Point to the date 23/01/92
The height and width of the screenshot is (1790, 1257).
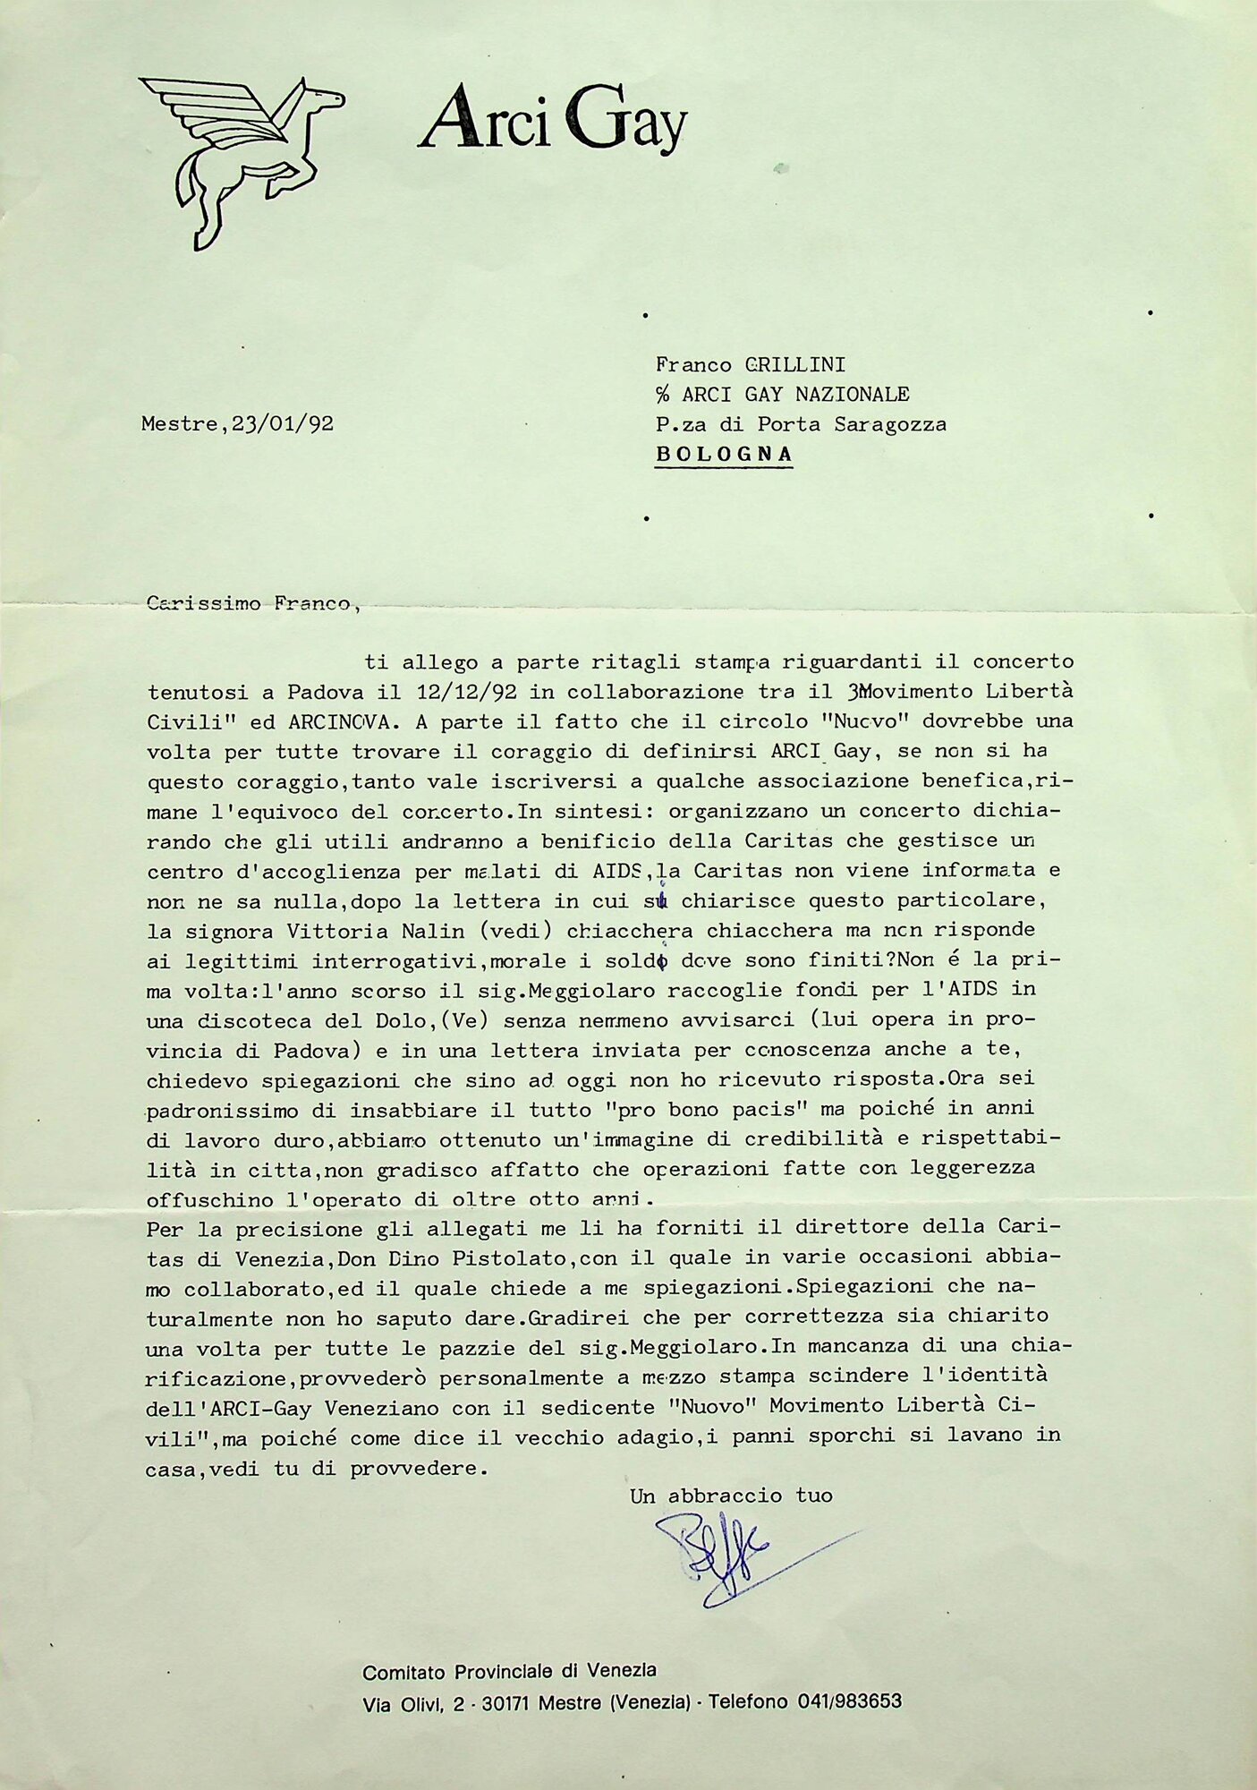click(283, 424)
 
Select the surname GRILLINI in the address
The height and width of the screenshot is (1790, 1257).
click(795, 364)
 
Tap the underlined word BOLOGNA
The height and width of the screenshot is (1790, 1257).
click(724, 454)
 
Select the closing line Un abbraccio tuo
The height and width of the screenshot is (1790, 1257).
click(731, 1496)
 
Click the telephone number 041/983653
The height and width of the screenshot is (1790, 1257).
click(849, 1701)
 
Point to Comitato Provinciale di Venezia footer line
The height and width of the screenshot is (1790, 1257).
click(509, 1671)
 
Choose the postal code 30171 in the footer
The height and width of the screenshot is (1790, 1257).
click(506, 1702)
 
